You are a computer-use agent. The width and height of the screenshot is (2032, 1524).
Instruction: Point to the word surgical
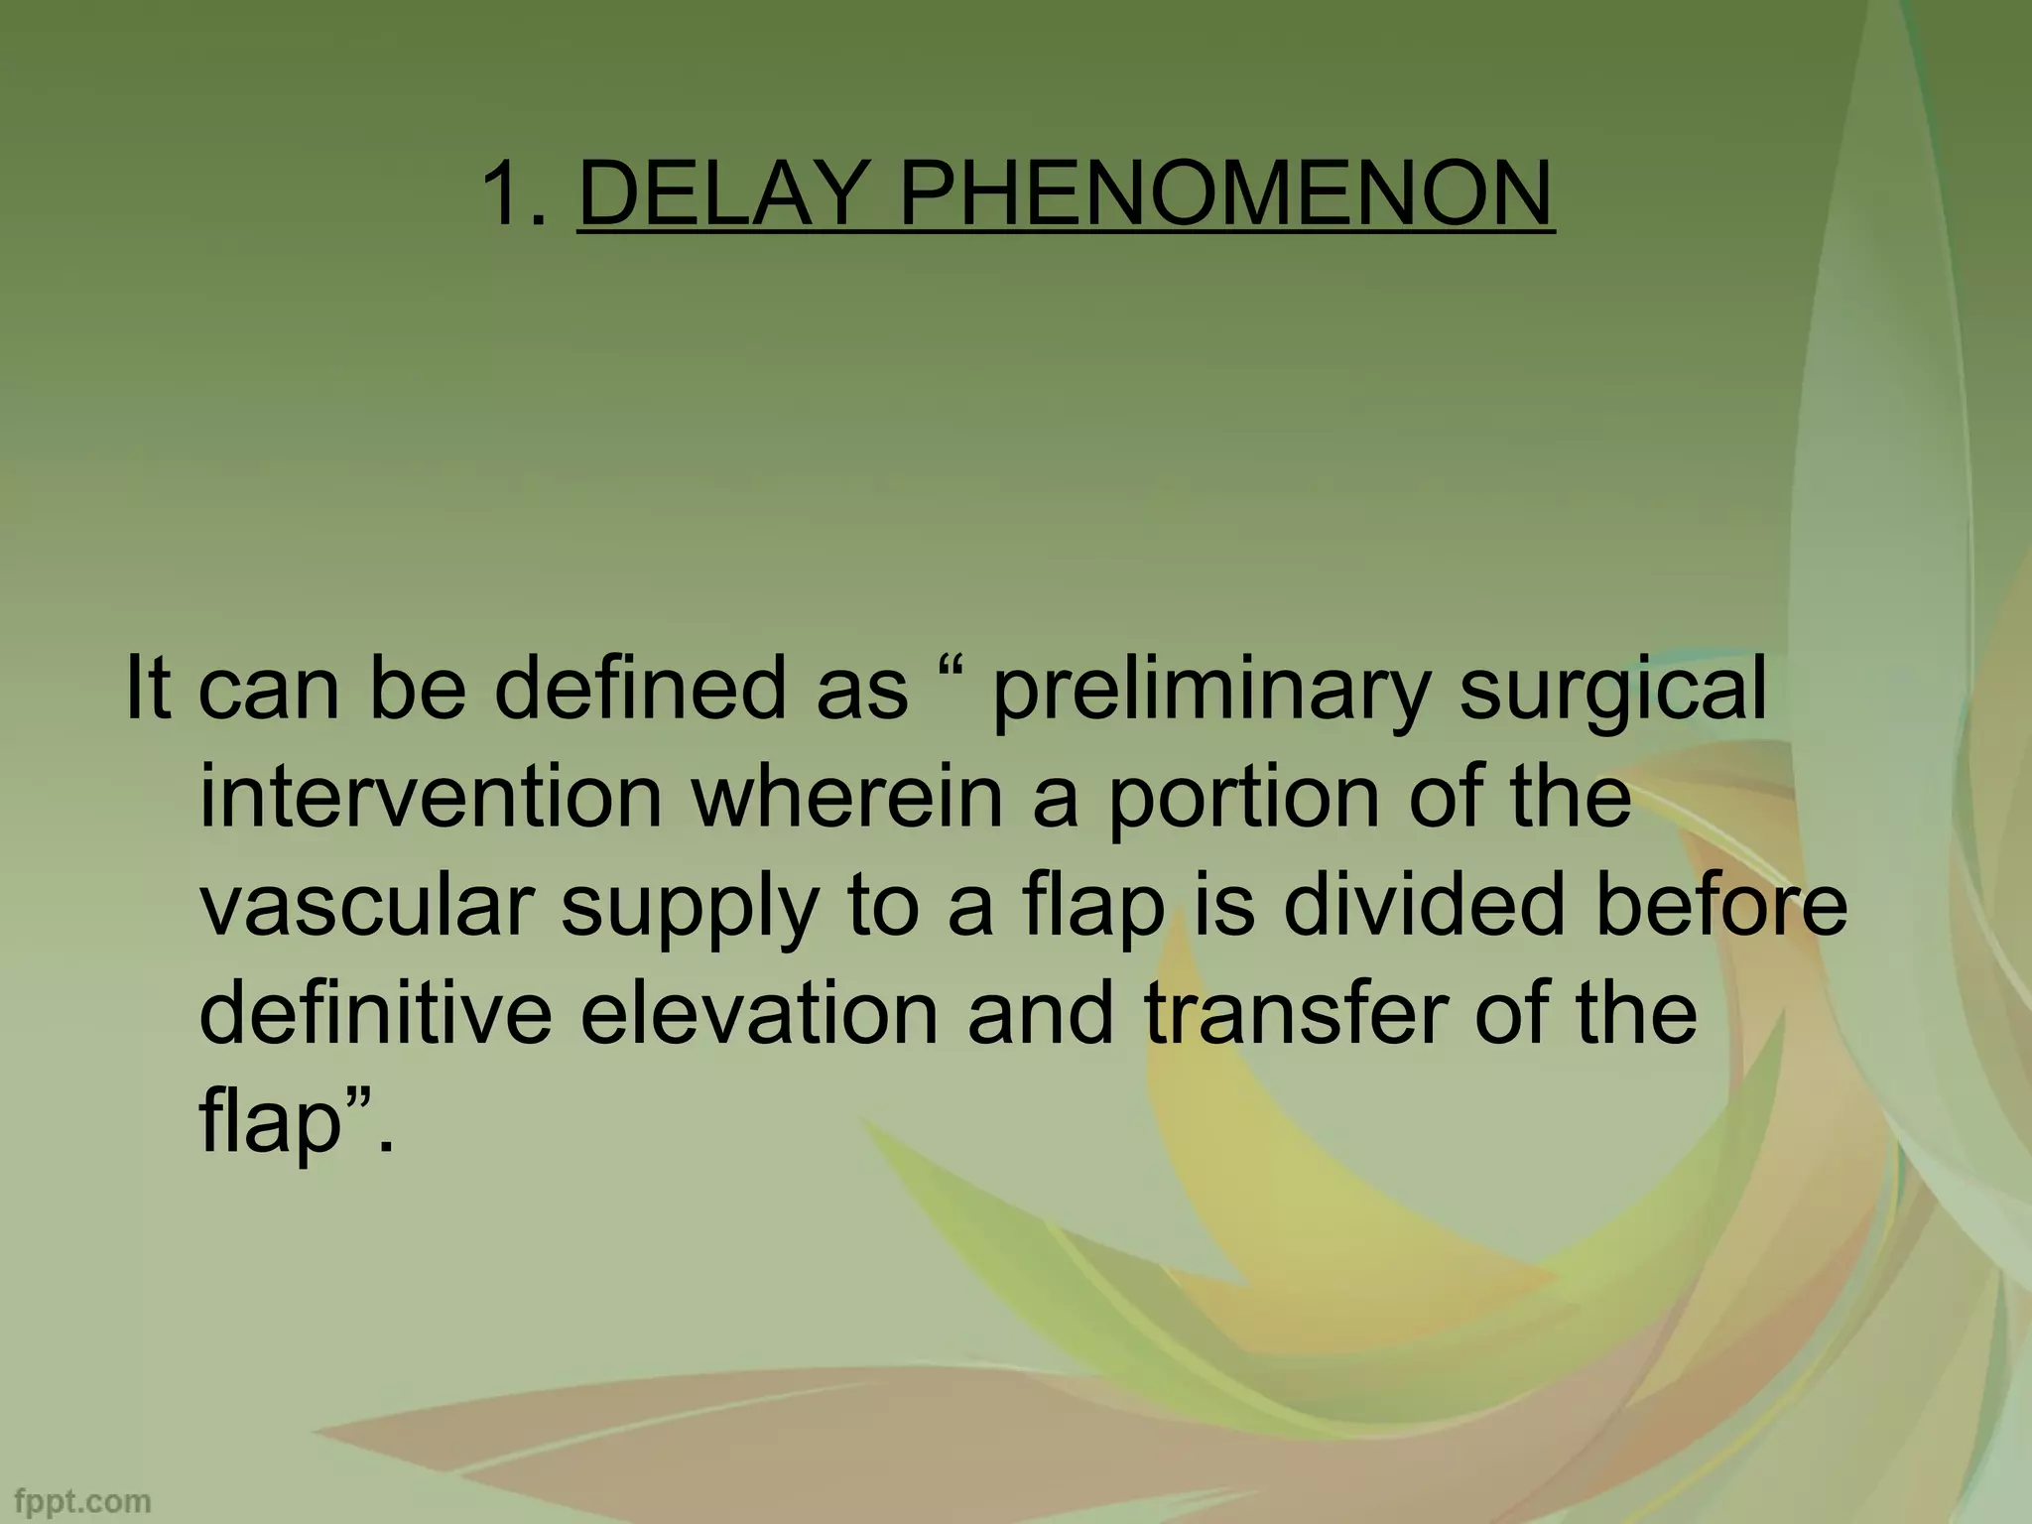point(1613,691)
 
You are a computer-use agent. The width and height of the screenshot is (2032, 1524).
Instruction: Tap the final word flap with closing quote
point(288,1125)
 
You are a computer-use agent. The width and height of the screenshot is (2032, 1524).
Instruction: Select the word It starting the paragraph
point(146,691)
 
